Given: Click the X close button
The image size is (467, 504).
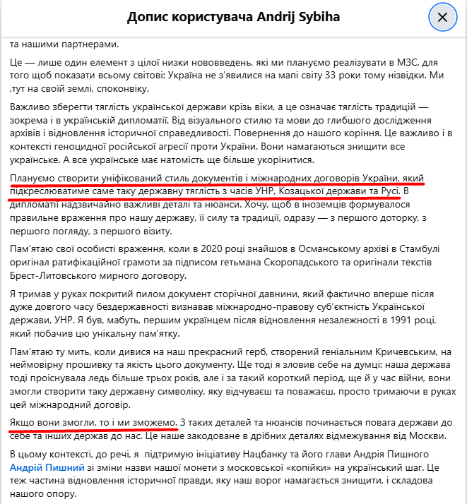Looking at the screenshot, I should point(442,17).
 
